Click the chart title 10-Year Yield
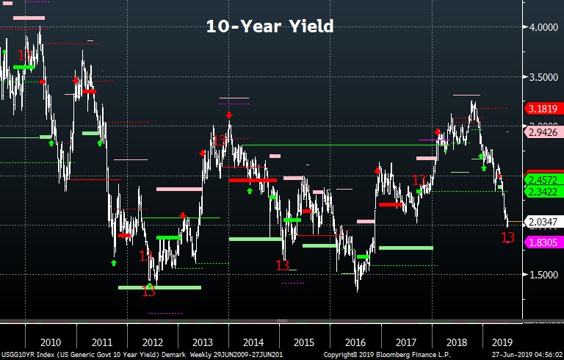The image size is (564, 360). coord(269,26)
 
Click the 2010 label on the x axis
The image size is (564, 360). coord(50,342)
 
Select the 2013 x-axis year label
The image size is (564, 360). coord(202,342)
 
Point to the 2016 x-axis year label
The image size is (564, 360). coord(355,342)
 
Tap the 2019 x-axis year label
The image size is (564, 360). coord(502,342)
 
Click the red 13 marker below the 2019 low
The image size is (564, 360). coord(507,237)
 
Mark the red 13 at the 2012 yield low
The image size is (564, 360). coord(148,292)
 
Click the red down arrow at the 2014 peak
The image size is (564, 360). coord(229,115)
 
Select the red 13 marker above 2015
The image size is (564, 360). coord(282,265)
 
